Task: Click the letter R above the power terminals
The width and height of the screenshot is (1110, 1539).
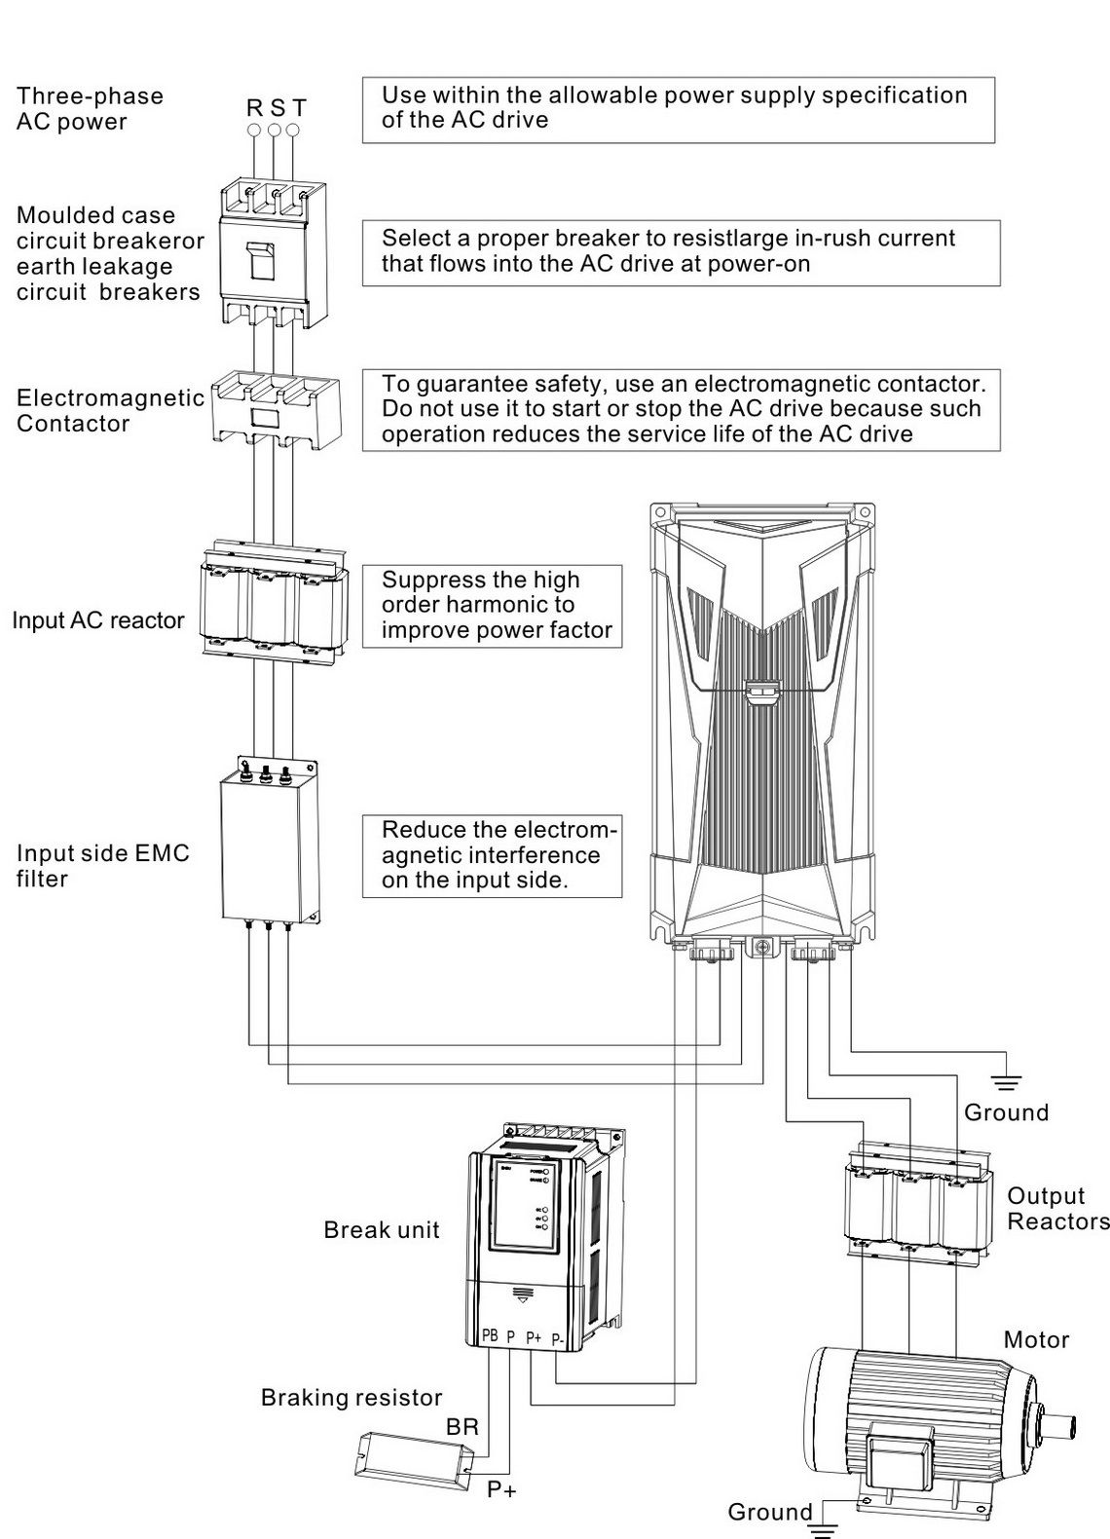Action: click(254, 108)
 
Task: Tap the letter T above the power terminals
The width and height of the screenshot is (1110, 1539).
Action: click(299, 108)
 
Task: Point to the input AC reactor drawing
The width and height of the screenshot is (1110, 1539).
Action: click(272, 605)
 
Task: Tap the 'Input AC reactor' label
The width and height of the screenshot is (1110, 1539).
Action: click(97, 621)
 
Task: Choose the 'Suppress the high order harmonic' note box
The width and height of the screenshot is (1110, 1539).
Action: click(492, 606)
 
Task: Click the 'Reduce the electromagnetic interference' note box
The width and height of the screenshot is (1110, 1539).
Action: click(492, 855)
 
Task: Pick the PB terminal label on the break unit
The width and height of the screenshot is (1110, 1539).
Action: click(490, 1335)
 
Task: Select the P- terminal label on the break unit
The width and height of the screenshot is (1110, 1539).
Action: click(558, 1340)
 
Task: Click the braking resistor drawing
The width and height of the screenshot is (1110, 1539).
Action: click(413, 1458)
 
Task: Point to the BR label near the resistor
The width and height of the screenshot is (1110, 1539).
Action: click(462, 1427)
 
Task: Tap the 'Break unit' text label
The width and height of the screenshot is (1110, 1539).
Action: click(382, 1230)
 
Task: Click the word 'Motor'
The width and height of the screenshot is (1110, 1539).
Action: click(1036, 1340)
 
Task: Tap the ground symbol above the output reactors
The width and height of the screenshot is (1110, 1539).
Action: click(1006, 1081)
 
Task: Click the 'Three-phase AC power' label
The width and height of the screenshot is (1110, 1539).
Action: click(90, 109)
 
